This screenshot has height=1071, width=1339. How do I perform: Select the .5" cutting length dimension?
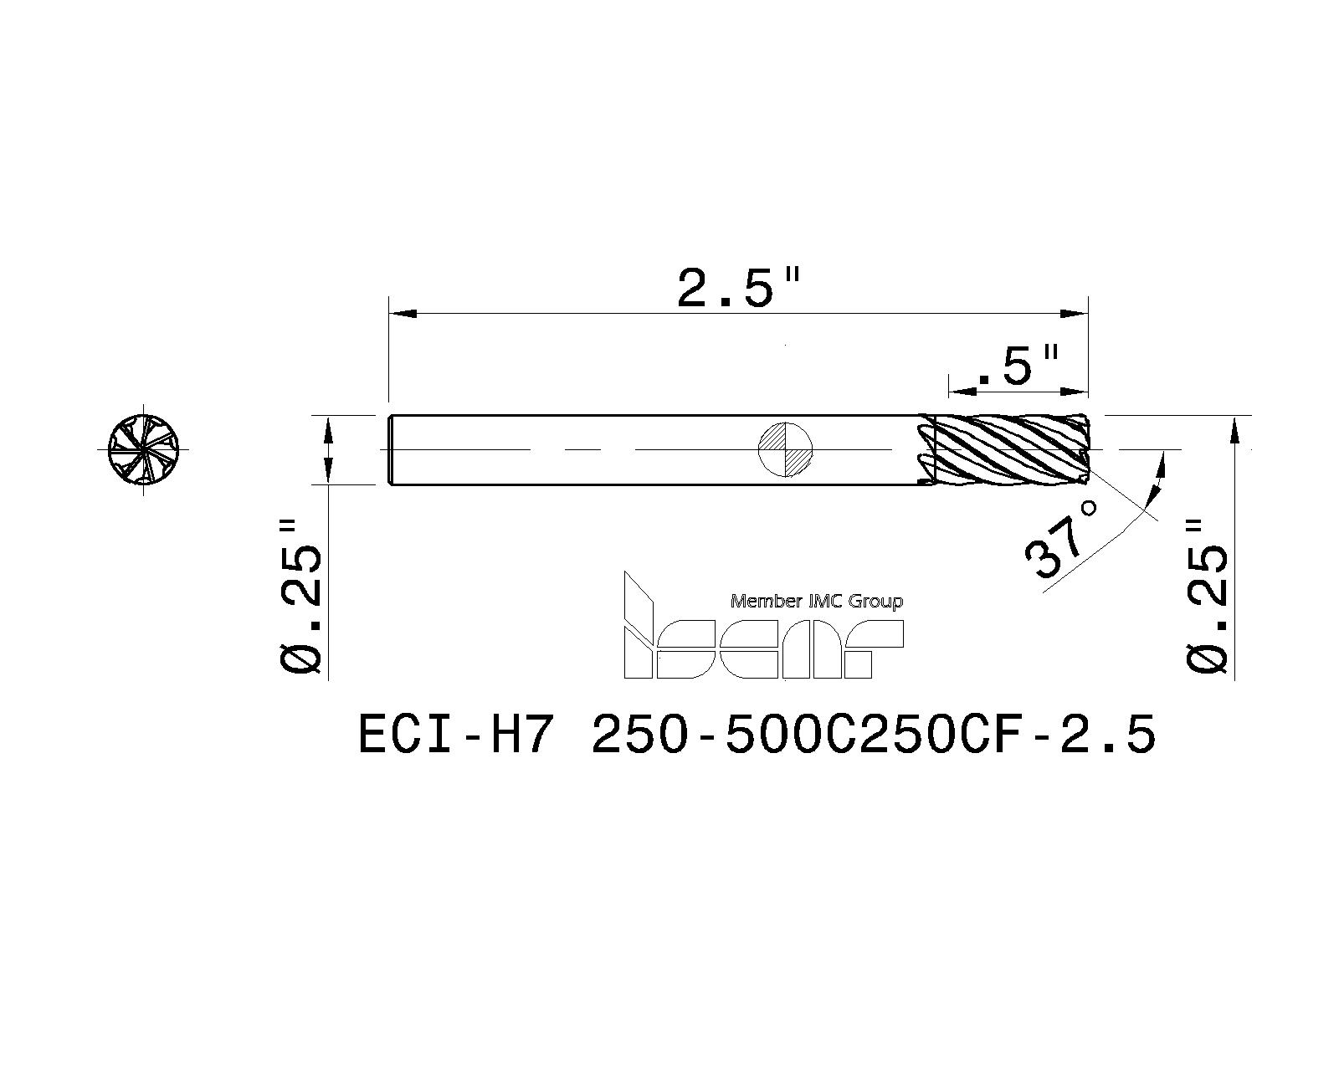point(1018,366)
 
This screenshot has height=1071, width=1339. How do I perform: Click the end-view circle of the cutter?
point(144,449)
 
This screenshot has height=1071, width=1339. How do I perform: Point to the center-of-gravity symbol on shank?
point(785,449)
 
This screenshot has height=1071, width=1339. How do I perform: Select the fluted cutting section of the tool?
point(1004,449)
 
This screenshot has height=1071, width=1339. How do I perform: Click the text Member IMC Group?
point(817,601)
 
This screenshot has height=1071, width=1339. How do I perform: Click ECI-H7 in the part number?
point(455,735)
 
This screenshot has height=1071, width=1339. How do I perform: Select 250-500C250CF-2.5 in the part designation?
point(874,735)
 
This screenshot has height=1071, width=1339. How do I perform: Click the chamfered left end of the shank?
point(392,449)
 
